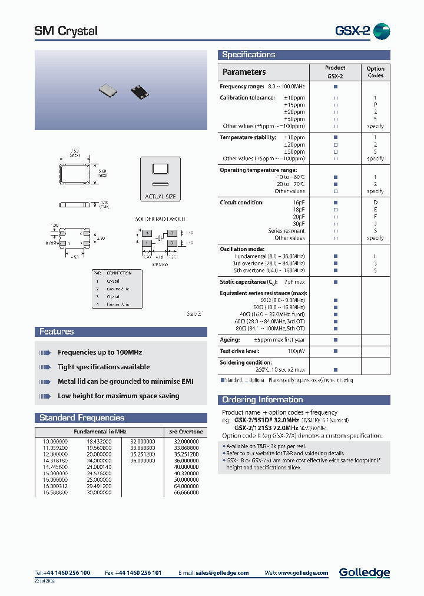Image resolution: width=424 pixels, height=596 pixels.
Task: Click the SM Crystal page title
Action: coord(66,31)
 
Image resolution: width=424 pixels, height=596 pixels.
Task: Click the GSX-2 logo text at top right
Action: coord(352,31)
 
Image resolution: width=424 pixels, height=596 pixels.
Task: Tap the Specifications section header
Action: coord(249,55)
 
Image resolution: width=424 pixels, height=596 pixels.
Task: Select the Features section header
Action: coord(57,332)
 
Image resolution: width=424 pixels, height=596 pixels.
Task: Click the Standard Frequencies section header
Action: coord(82,418)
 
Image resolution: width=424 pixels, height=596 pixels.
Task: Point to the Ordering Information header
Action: coord(262,400)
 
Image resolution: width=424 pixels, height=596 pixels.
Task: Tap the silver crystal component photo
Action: coord(109,90)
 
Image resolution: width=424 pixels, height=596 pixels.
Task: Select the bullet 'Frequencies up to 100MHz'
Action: coord(100,352)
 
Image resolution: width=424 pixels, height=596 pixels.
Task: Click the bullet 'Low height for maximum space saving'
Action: coord(118,396)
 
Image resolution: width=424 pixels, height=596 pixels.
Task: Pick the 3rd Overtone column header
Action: coord(185,432)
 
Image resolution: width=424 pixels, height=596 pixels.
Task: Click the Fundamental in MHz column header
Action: coord(100,432)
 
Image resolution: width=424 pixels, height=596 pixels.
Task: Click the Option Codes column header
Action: coord(375,72)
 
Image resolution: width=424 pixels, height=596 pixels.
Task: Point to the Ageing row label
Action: coord(230,340)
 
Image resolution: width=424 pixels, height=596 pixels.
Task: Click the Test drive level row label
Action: coord(240,351)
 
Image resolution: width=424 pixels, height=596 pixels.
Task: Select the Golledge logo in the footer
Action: coord(364,572)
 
